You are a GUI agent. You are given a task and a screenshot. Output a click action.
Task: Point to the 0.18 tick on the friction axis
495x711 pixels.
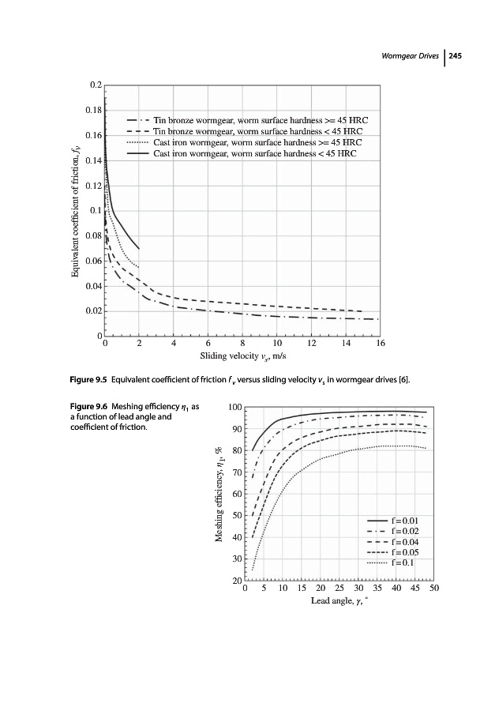(93, 110)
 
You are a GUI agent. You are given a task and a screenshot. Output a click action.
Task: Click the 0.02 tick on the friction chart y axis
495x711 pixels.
(93, 311)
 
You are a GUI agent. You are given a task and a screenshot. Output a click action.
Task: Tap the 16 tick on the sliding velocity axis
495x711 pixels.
(381, 344)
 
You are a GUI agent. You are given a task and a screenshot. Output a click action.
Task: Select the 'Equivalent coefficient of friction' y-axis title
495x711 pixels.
(75, 209)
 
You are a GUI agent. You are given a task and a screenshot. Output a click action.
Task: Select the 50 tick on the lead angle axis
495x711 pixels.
(434, 589)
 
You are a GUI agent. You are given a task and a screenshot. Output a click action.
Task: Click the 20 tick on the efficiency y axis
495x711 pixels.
(234, 581)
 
